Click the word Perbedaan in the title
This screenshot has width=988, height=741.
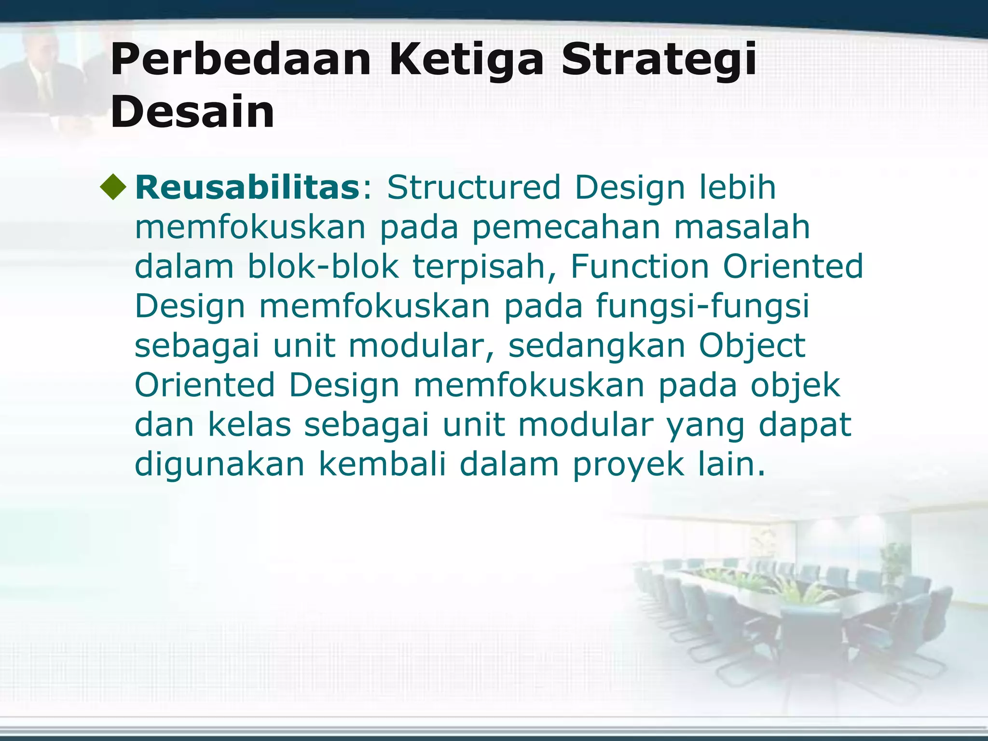point(240,60)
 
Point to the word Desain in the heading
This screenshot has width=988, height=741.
point(192,112)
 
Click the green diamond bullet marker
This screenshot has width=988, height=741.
point(113,187)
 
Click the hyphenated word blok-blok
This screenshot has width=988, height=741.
point(323,266)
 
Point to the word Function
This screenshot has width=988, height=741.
point(639,266)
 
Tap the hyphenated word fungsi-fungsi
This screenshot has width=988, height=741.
point(702,306)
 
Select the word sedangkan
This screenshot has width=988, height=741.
point(597,345)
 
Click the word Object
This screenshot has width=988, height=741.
point(752,345)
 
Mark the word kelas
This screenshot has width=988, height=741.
point(249,425)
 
